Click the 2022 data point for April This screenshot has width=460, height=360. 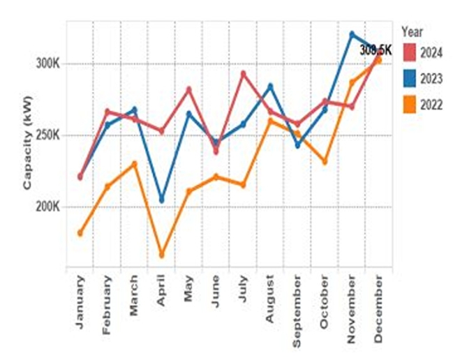(161, 255)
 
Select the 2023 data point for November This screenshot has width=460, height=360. (352, 33)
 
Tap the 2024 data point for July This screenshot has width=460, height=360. (243, 73)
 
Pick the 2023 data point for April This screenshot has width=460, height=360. (161, 200)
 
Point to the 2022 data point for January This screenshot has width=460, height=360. (80, 233)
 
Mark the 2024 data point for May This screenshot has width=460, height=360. (188, 89)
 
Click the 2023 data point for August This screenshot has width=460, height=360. (270, 86)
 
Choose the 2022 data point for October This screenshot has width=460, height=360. (325, 162)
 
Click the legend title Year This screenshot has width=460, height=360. (413, 31)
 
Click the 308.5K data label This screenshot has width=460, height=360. (376, 50)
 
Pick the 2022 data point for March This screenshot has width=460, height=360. (134, 164)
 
